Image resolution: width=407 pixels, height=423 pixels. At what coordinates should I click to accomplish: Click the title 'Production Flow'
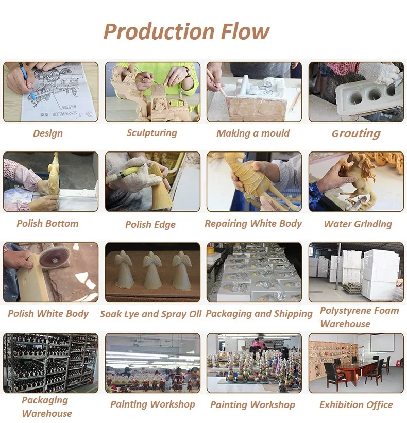pyautogui.click(x=186, y=32)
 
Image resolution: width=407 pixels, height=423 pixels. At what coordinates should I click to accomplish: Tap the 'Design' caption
pyautogui.click(x=48, y=133)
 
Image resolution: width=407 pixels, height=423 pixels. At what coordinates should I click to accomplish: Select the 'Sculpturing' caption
pyautogui.click(x=152, y=133)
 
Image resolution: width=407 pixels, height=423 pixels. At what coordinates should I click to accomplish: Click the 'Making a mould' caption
pyautogui.click(x=253, y=133)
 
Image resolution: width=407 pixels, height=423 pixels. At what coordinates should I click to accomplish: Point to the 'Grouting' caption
pyautogui.click(x=356, y=134)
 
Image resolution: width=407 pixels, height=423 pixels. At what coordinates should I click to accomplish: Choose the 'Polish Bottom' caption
pyautogui.click(x=47, y=224)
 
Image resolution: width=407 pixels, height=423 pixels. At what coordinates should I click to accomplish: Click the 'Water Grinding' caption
pyautogui.click(x=358, y=224)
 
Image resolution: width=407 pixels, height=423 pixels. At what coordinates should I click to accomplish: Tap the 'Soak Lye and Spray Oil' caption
pyautogui.click(x=151, y=314)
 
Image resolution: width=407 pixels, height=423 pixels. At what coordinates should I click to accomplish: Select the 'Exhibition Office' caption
pyautogui.click(x=356, y=405)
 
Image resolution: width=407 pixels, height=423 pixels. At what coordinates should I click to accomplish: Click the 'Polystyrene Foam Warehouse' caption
pyautogui.click(x=359, y=317)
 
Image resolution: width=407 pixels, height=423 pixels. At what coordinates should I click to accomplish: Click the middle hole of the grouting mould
pyautogui.click(x=373, y=94)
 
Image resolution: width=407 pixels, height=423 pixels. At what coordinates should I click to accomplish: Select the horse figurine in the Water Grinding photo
pyautogui.click(x=361, y=175)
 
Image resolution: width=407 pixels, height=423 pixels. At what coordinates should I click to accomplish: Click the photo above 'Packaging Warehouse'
pyautogui.click(x=50, y=363)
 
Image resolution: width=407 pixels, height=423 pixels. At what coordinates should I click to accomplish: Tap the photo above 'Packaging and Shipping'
pyautogui.click(x=254, y=272)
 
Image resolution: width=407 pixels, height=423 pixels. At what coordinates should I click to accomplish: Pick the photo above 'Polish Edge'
pyautogui.click(x=152, y=181)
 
